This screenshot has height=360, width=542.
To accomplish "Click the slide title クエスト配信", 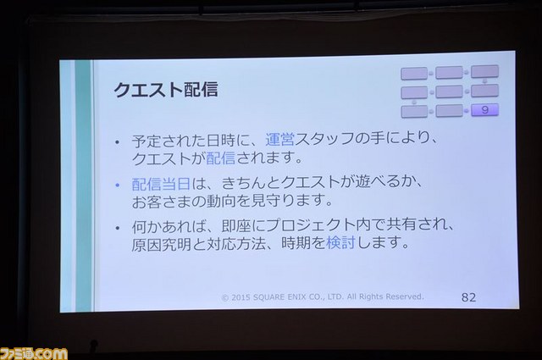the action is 166,90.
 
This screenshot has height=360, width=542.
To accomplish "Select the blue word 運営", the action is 279,140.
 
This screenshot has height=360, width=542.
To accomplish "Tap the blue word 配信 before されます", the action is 220,158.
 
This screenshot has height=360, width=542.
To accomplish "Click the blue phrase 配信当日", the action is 161,184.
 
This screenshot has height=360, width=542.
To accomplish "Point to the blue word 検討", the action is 340,242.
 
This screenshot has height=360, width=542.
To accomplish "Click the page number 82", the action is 468,297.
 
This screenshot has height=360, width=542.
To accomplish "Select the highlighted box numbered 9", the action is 484,110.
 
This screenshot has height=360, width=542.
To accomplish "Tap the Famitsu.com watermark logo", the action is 34,353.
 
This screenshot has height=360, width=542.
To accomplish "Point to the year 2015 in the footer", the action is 241,297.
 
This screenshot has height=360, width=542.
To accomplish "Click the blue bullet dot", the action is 118,186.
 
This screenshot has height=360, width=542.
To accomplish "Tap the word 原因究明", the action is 161,244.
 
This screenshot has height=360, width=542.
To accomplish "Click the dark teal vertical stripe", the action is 83,186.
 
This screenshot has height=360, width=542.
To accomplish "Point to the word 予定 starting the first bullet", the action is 147,141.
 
